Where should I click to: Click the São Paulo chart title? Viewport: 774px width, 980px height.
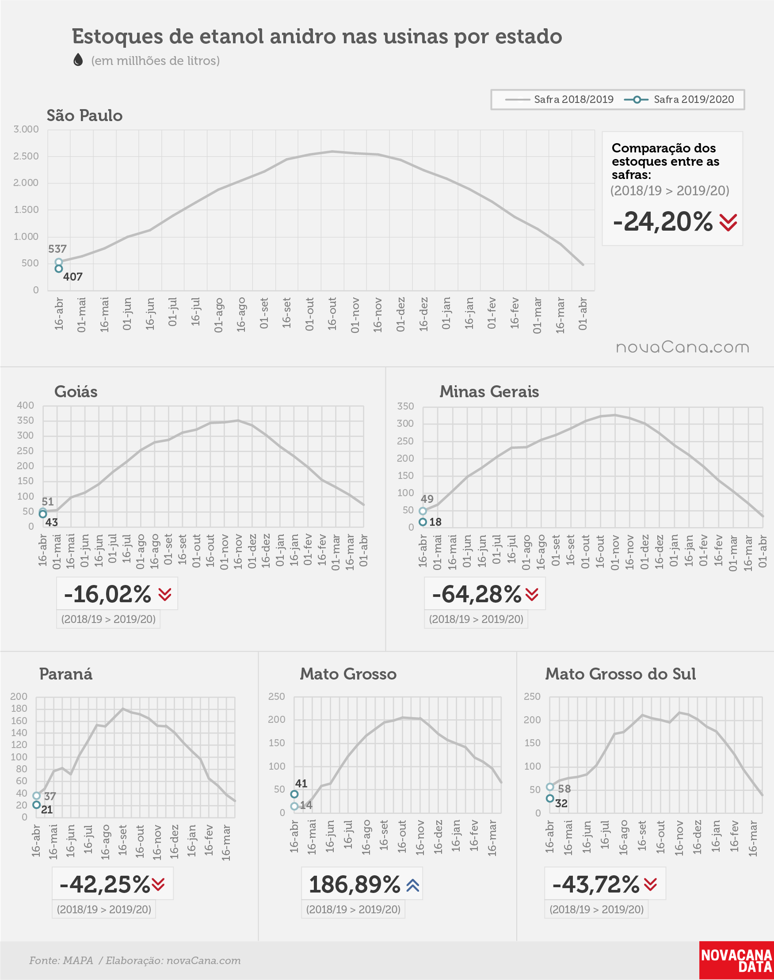[x=84, y=115]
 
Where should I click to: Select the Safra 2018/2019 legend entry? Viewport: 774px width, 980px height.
[x=559, y=99]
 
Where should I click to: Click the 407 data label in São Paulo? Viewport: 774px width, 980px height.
[x=73, y=277]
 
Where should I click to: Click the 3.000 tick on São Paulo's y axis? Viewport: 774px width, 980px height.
[x=26, y=129]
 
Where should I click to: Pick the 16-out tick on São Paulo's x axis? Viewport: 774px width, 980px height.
[x=332, y=314]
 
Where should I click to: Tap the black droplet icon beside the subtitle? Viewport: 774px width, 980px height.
[x=78, y=60]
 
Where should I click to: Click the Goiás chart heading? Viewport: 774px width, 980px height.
[x=76, y=392]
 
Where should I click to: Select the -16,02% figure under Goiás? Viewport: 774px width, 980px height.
[x=107, y=594]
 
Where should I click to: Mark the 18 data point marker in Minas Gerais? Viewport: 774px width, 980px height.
[x=423, y=522]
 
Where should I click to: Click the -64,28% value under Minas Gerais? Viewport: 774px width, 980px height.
[x=477, y=594]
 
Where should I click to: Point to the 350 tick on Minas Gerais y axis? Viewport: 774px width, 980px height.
[x=406, y=406]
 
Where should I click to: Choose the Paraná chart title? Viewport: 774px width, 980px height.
[x=66, y=674]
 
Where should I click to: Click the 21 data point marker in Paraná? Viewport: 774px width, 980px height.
[x=37, y=805]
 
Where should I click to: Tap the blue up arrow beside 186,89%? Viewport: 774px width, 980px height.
[x=413, y=885]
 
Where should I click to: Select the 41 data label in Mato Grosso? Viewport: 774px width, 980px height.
[x=301, y=783]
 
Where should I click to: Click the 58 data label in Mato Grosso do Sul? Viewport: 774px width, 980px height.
[x=564, y=789]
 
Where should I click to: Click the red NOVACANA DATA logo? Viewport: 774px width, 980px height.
[x=736, y=961]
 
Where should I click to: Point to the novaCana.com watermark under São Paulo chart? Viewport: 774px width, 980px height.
[x=682, y=347]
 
